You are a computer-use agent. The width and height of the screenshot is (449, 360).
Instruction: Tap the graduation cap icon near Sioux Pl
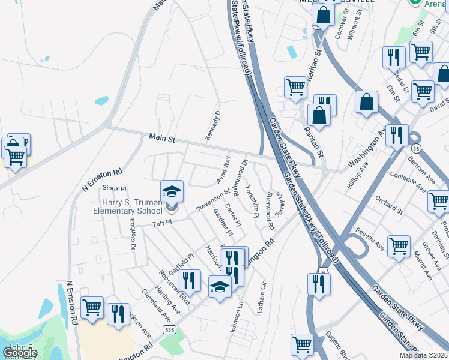[x=172, y=191]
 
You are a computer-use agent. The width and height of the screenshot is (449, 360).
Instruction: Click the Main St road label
[x=162, y=139]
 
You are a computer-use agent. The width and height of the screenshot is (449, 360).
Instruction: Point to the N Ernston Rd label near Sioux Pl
[x=102, y=179]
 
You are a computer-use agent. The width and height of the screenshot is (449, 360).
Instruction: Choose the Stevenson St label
[x=213, y=201]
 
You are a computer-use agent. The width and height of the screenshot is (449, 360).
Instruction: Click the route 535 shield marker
[x=170, y=330]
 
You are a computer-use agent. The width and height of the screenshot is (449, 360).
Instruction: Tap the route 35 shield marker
[x=415, y=148]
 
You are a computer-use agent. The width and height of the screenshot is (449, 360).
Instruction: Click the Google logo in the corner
[x=20, y=353]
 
